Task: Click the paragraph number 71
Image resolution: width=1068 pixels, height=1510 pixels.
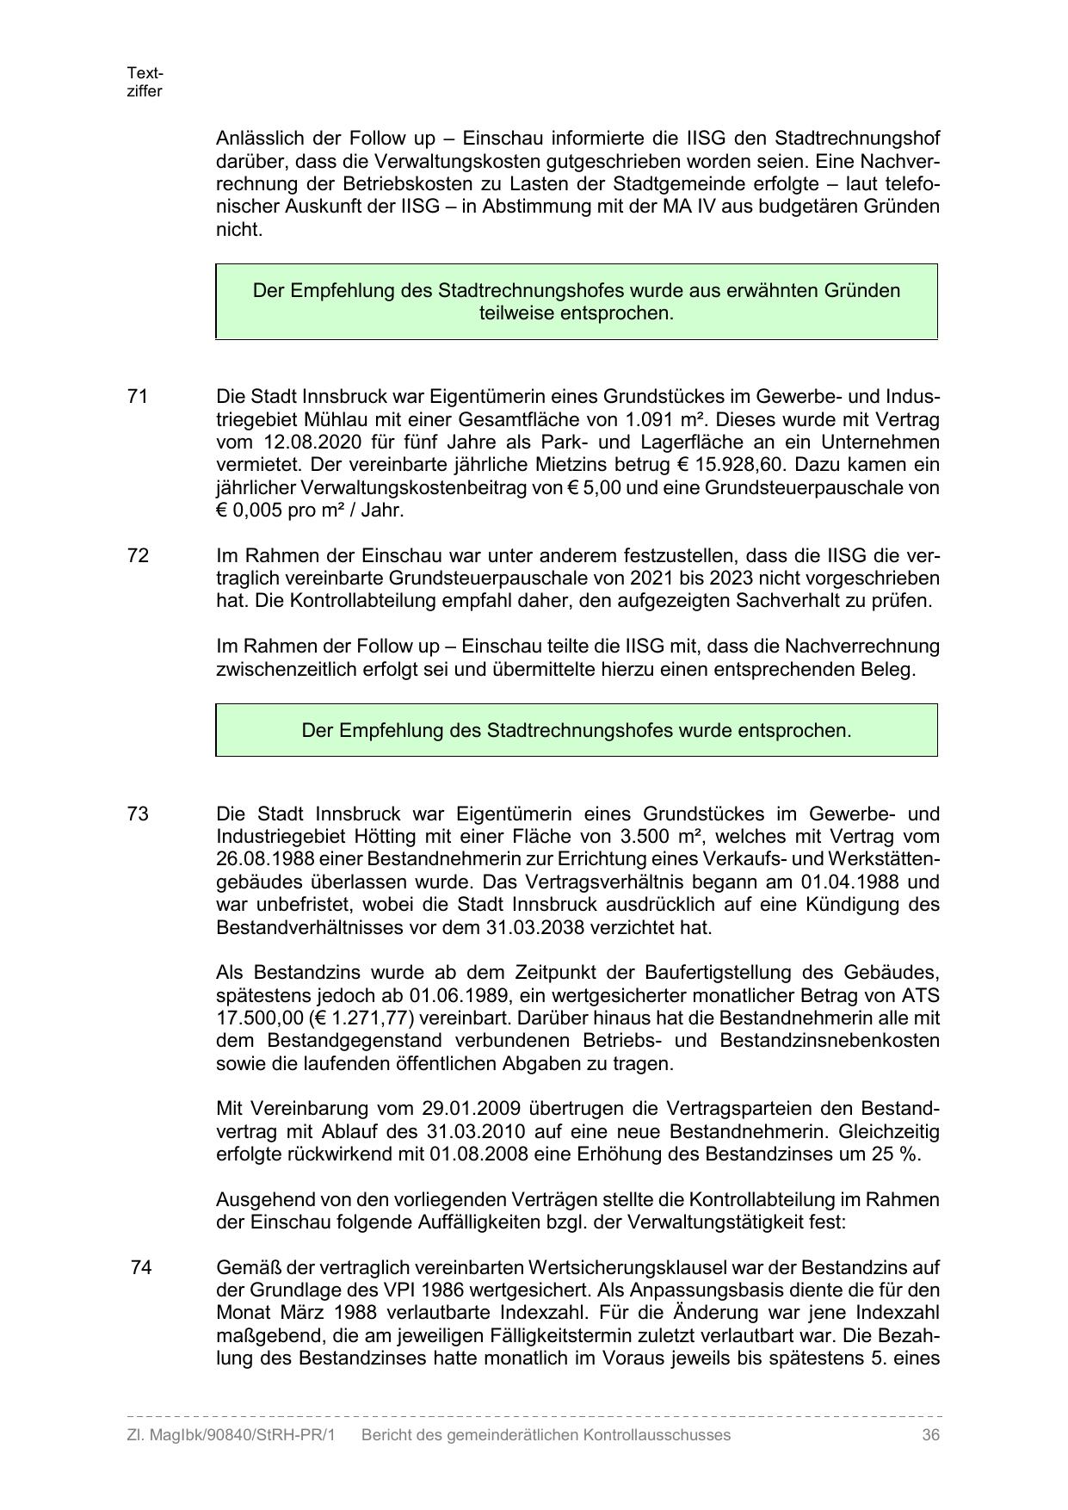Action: (x=138, y=397)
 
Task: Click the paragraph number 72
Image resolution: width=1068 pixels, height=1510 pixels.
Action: (x=138, y=555)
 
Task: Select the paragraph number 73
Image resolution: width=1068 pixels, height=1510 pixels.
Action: (x=138, y=814)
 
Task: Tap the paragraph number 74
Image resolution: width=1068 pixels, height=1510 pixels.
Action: (x=141, y=1267)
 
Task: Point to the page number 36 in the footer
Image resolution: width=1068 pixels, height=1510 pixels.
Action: (x=930, y=1435)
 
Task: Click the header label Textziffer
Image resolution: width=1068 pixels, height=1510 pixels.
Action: (x=145, y=83)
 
